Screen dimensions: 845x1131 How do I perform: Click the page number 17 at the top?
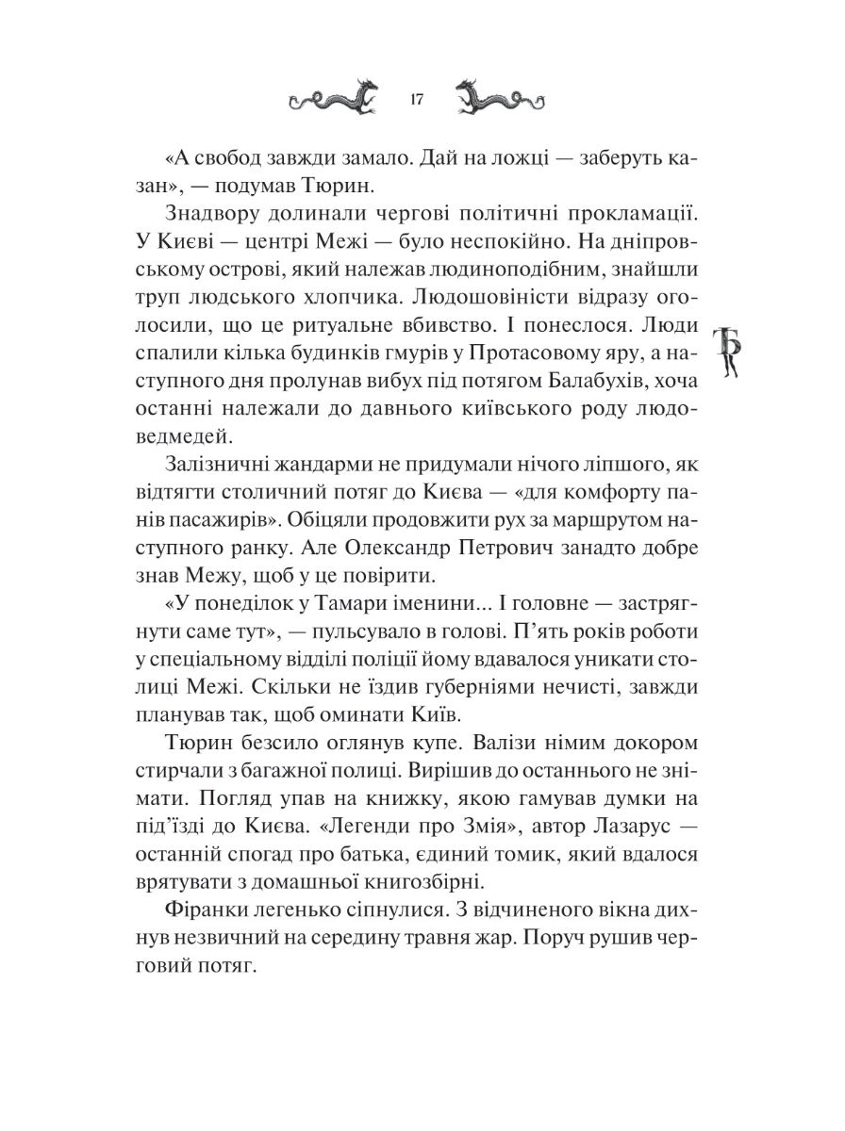(418, 100)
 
